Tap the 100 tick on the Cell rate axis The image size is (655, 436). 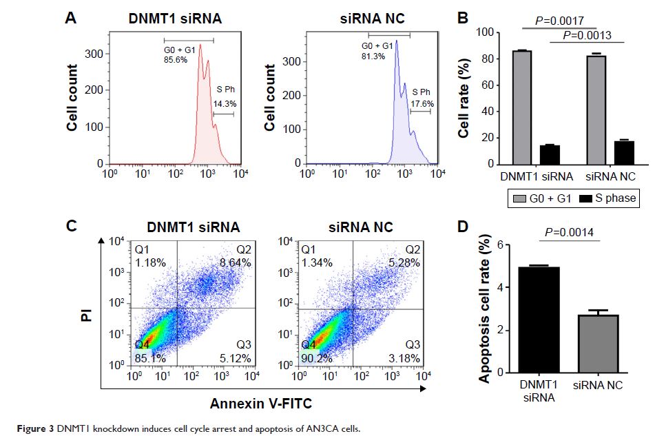(x=486, y=32)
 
